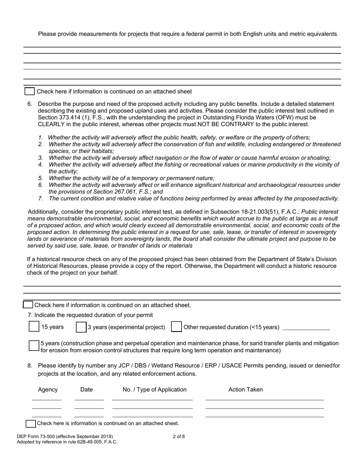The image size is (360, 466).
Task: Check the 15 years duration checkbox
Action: click(34, 327)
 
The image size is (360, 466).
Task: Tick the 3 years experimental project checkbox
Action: click(81, 327)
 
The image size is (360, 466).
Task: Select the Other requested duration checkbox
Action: click(176, 327)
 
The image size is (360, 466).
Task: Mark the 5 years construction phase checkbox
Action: click(34, 345)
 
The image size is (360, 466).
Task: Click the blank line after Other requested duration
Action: click(306, 328)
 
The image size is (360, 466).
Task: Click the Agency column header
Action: click(48, 389)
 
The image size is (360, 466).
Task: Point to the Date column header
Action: click(86, 389)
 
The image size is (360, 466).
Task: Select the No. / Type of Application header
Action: click(155, 389)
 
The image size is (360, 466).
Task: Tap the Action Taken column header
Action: click(246, 389)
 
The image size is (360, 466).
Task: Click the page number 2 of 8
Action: click(179, 436)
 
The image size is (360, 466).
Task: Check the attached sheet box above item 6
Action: click(30, 91)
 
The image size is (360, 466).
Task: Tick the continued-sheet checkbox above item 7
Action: click(28, 305)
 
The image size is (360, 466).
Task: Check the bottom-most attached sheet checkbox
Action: click(31, 423)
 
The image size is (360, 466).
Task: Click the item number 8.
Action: click(30, 366)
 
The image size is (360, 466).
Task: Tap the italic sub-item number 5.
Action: click(40, 178)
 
